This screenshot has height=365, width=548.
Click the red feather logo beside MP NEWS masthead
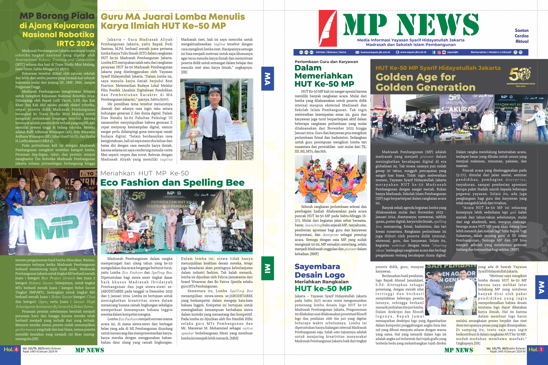tap(328, 28)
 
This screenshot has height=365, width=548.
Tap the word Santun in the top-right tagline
tap(521, 30)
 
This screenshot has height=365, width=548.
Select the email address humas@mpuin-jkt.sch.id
tap(375, 52)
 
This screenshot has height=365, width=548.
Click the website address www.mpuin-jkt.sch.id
tap(413, 52)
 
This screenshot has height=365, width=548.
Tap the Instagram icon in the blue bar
tap(439, 52)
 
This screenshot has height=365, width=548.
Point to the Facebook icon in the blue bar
tap(434, 52)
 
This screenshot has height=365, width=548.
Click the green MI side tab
tap(267, 268)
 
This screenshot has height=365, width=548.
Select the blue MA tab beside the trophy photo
tap(267, 79)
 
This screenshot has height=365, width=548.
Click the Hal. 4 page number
tap(11, 349)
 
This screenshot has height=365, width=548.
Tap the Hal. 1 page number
tap(536, 349)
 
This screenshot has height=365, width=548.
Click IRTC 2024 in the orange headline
tap(75, 44)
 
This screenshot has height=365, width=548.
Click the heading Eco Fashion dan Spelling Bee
tap(172, 182)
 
